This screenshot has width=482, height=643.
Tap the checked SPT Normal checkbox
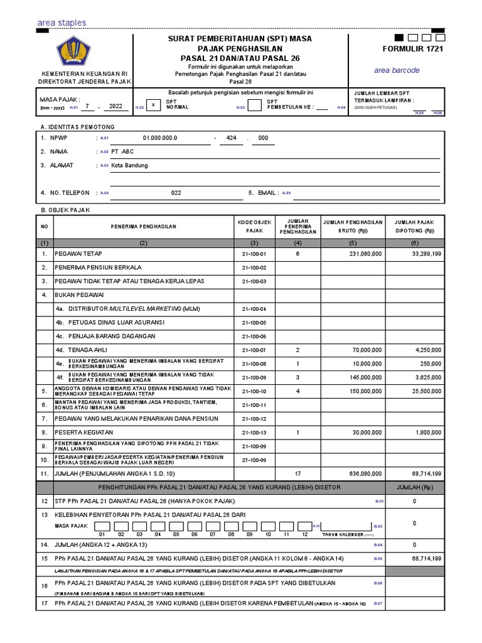tap(153, 105)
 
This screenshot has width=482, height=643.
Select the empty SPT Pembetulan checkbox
tap(254, 105)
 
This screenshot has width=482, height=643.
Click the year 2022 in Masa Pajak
tap(116, 106)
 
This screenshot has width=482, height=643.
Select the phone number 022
tap(176, 193)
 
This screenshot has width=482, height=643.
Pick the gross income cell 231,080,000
tap(363, 254)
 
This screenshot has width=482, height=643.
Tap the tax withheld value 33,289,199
tap(427, 254)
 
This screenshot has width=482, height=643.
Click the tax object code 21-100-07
tap(254, 350)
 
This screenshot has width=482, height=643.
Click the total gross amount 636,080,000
tap(363, 473)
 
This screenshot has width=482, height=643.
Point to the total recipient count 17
tap(298, 473)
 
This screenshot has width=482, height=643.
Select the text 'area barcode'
tap(397, 70)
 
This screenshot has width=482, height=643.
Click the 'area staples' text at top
tap(62, 23)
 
